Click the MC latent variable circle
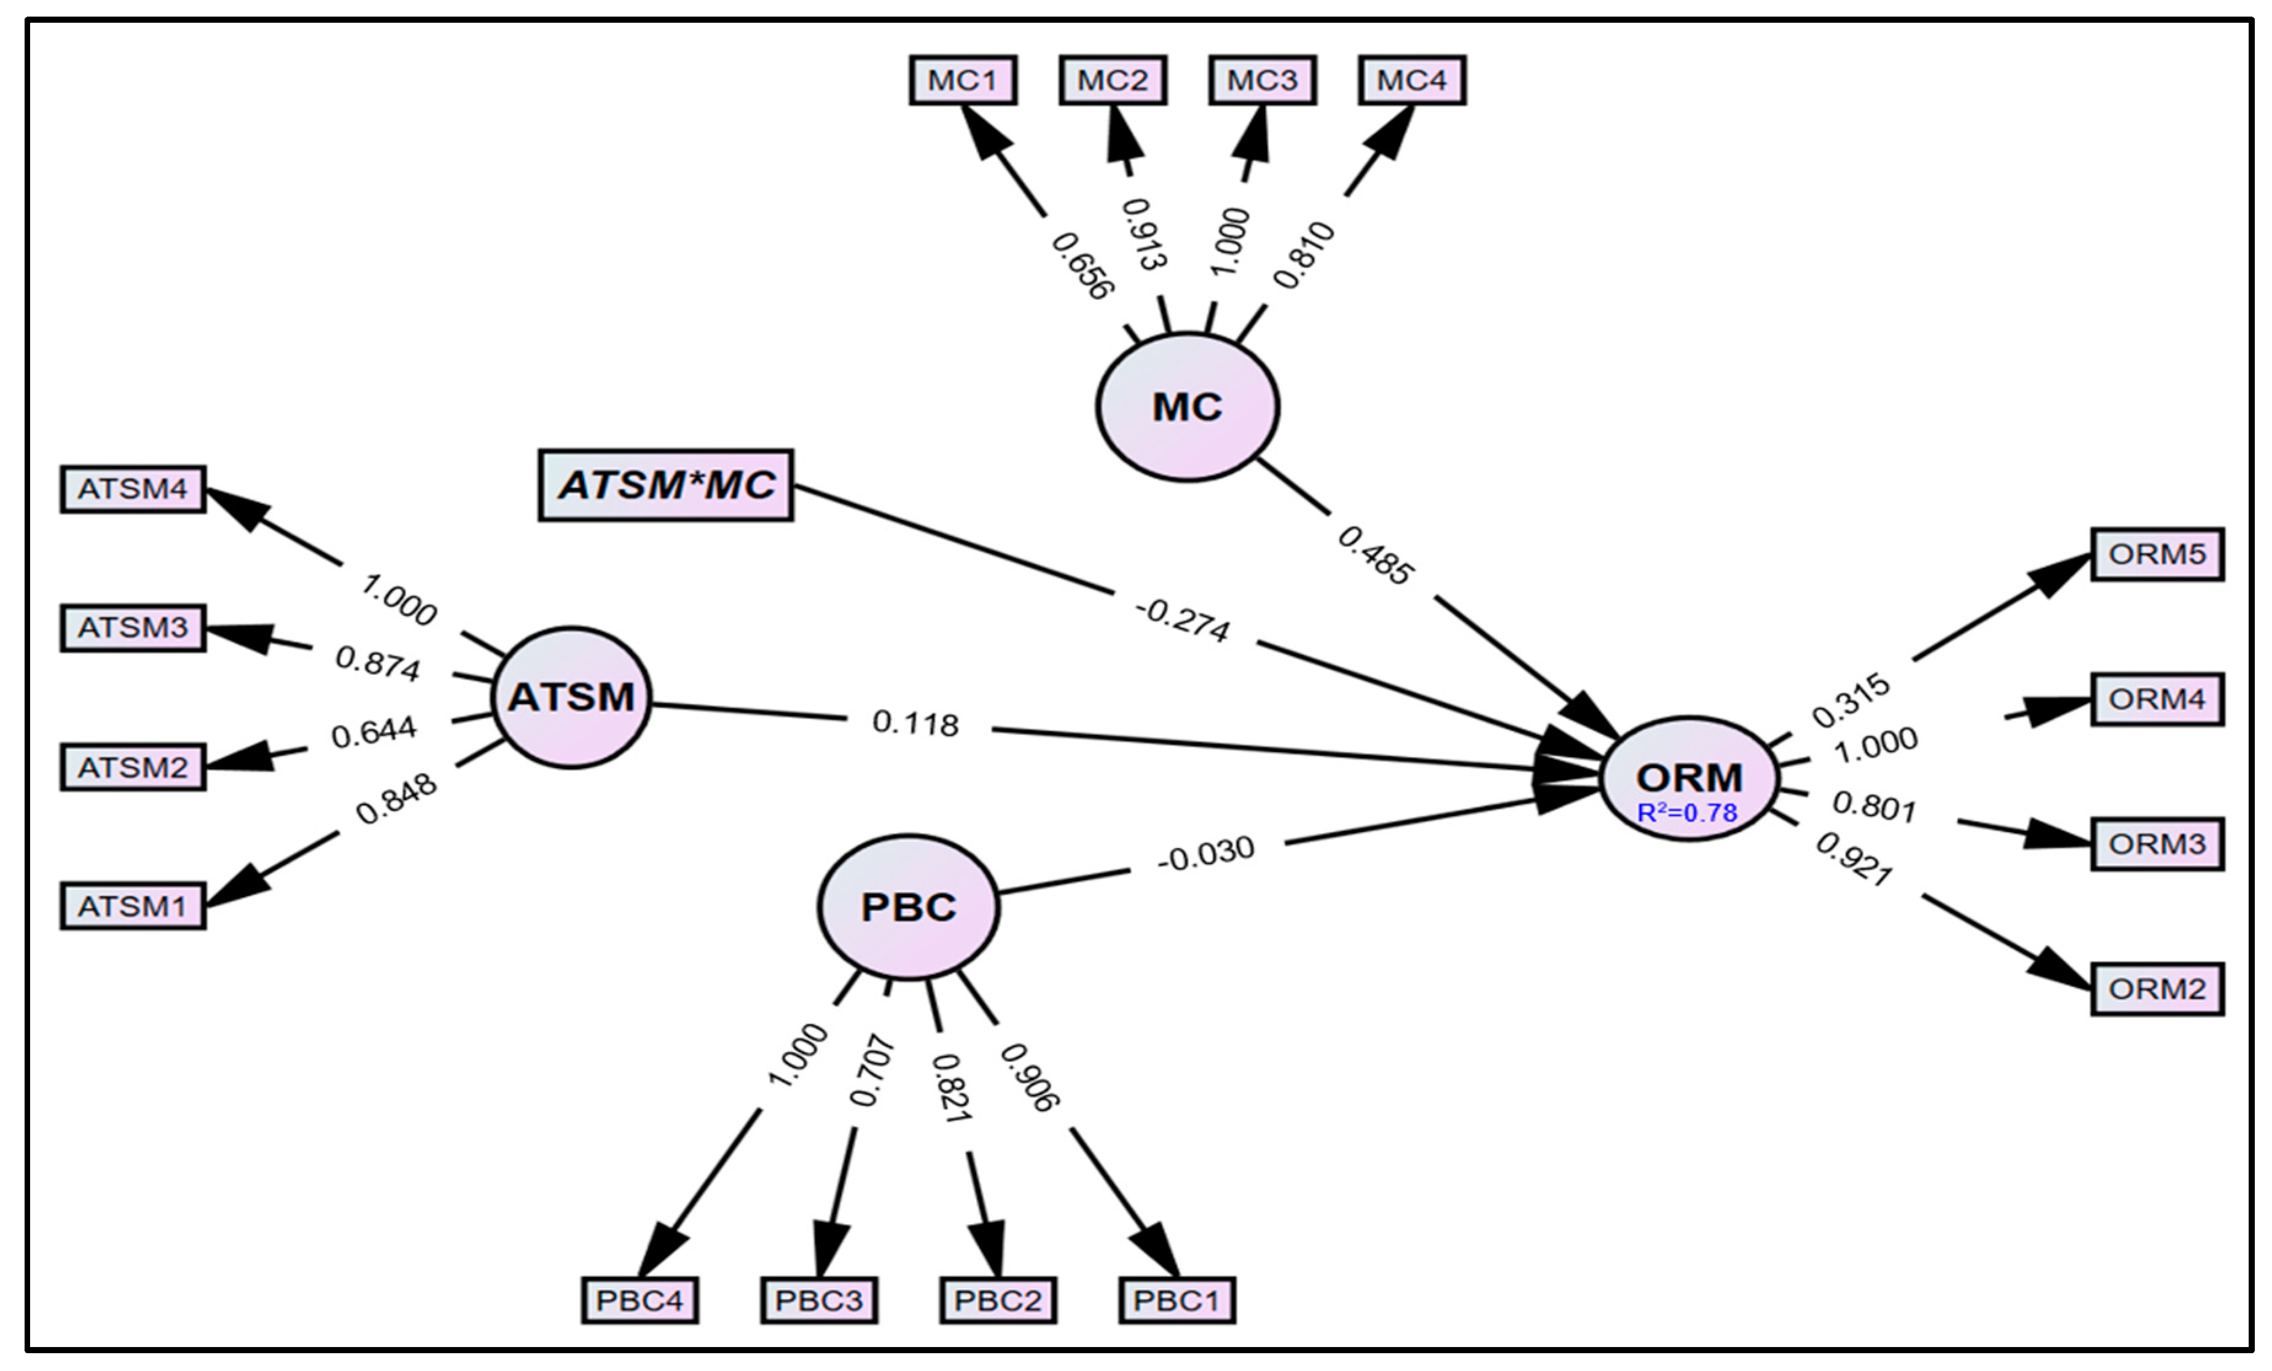point(1187,407)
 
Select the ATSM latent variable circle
point(572,697)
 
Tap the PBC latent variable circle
point(908,907)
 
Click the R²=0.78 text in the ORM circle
point(1686,812)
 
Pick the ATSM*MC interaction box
point(666,485)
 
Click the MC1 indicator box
point(963,81)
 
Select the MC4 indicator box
point(1412,81)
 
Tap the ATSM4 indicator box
point(133,489)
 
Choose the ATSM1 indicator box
point(133,906)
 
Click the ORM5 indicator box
point(2156,554)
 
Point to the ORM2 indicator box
point(2156,989)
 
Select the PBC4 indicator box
point(639,1301)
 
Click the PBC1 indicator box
point(1177,1301)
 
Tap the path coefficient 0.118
point(915,723)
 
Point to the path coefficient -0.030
point(1205,854)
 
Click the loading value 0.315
point(1850,701)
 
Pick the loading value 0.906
point(1030,1077)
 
